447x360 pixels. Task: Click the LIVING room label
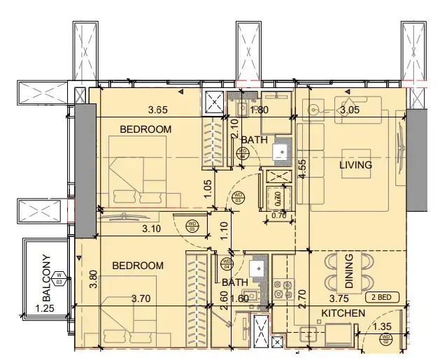tap(355, 166)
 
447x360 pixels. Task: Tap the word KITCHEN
tap(343, 314)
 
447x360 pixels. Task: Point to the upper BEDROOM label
tap(146, 129)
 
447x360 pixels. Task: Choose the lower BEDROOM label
tap(139, 266)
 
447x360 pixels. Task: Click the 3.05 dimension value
tap(350, 110)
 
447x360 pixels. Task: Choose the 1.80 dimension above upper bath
tap(259, 110)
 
